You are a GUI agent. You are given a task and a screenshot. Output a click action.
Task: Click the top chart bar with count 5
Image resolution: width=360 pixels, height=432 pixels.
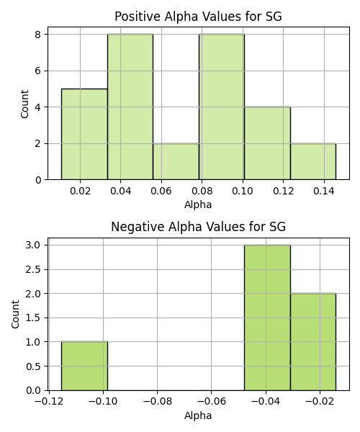[84, 134]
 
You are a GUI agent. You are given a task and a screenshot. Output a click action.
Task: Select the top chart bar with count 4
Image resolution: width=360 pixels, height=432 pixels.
[267, 143]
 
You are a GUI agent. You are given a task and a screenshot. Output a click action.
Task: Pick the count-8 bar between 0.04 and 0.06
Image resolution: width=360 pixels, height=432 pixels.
[130, 107]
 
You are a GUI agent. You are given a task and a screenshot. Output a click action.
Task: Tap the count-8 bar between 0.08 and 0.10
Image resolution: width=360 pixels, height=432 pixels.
[222, 107]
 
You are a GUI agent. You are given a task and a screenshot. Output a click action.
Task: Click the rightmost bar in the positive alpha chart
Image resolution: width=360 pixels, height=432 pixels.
[313, 161]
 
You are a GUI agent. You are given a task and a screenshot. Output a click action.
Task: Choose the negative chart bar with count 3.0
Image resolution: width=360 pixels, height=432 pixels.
[267, 318]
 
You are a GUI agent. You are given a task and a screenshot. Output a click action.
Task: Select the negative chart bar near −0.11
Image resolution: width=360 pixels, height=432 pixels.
[84, 366]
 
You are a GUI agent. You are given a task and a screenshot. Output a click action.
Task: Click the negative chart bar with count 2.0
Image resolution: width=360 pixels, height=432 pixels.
[313, 342]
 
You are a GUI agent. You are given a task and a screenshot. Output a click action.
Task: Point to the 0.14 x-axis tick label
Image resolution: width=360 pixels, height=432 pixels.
[324, 191]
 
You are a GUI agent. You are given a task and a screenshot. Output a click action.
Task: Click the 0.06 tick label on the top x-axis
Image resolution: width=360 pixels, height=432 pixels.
[161, 191]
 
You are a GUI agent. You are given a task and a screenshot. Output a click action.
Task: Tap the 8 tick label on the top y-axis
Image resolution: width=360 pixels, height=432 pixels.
[37, 35]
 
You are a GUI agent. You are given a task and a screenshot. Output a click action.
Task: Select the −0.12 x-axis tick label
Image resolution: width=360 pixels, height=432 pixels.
[49, 402]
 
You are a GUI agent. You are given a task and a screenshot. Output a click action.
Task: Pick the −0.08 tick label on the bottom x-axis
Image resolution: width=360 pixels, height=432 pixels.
[157, 402]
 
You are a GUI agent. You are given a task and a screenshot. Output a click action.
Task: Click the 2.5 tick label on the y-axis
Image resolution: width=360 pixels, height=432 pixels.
[33, 269]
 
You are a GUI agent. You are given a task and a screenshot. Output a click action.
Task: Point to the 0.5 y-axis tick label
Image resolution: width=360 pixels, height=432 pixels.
[33, 366]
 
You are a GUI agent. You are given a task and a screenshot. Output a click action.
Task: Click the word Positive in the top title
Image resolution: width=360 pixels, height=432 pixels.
[137, 17]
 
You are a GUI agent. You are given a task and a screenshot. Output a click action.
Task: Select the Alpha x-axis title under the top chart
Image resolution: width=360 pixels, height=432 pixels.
[198, 204]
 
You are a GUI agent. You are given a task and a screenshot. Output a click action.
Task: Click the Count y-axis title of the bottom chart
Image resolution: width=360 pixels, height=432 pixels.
[15, 314]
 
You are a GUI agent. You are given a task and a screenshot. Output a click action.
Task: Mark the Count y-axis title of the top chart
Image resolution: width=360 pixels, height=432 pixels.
[24, 104]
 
